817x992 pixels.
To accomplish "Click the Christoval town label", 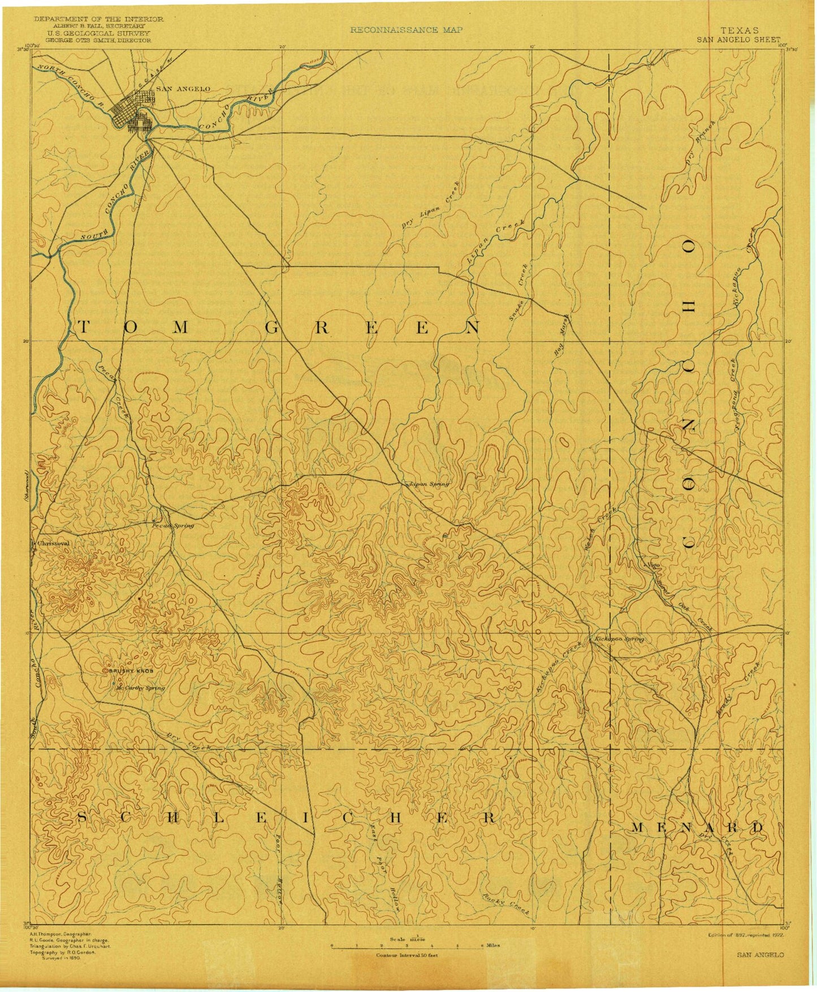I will click(x=53, y=542).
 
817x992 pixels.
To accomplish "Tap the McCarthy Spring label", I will click(x=140, y=688).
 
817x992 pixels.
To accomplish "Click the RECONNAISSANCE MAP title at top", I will click(x=406, y=30).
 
